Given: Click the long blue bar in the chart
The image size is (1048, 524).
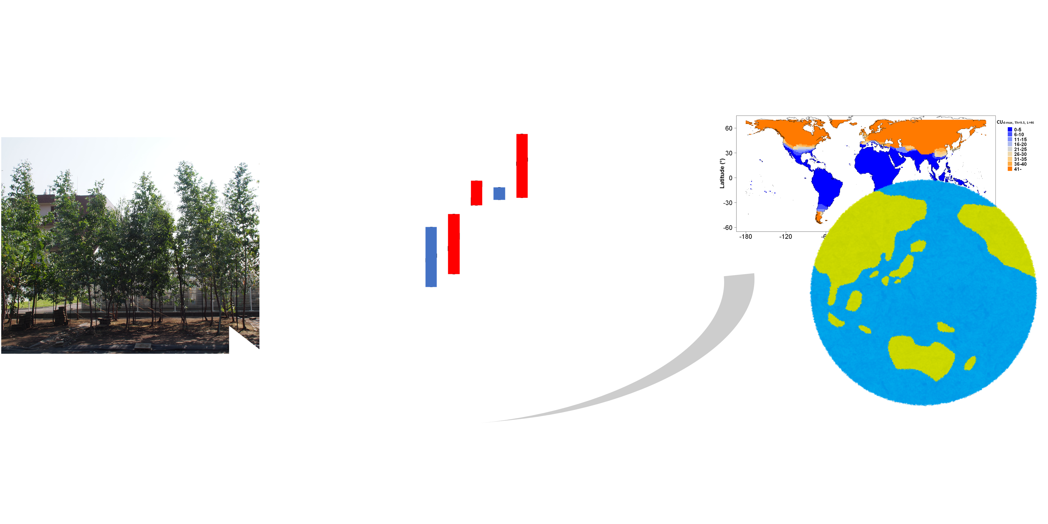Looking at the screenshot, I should (x=431, y=257).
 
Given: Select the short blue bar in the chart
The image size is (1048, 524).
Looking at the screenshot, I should (x=499, y=194).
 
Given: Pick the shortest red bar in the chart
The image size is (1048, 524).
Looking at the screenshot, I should (x=476, y=193).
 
